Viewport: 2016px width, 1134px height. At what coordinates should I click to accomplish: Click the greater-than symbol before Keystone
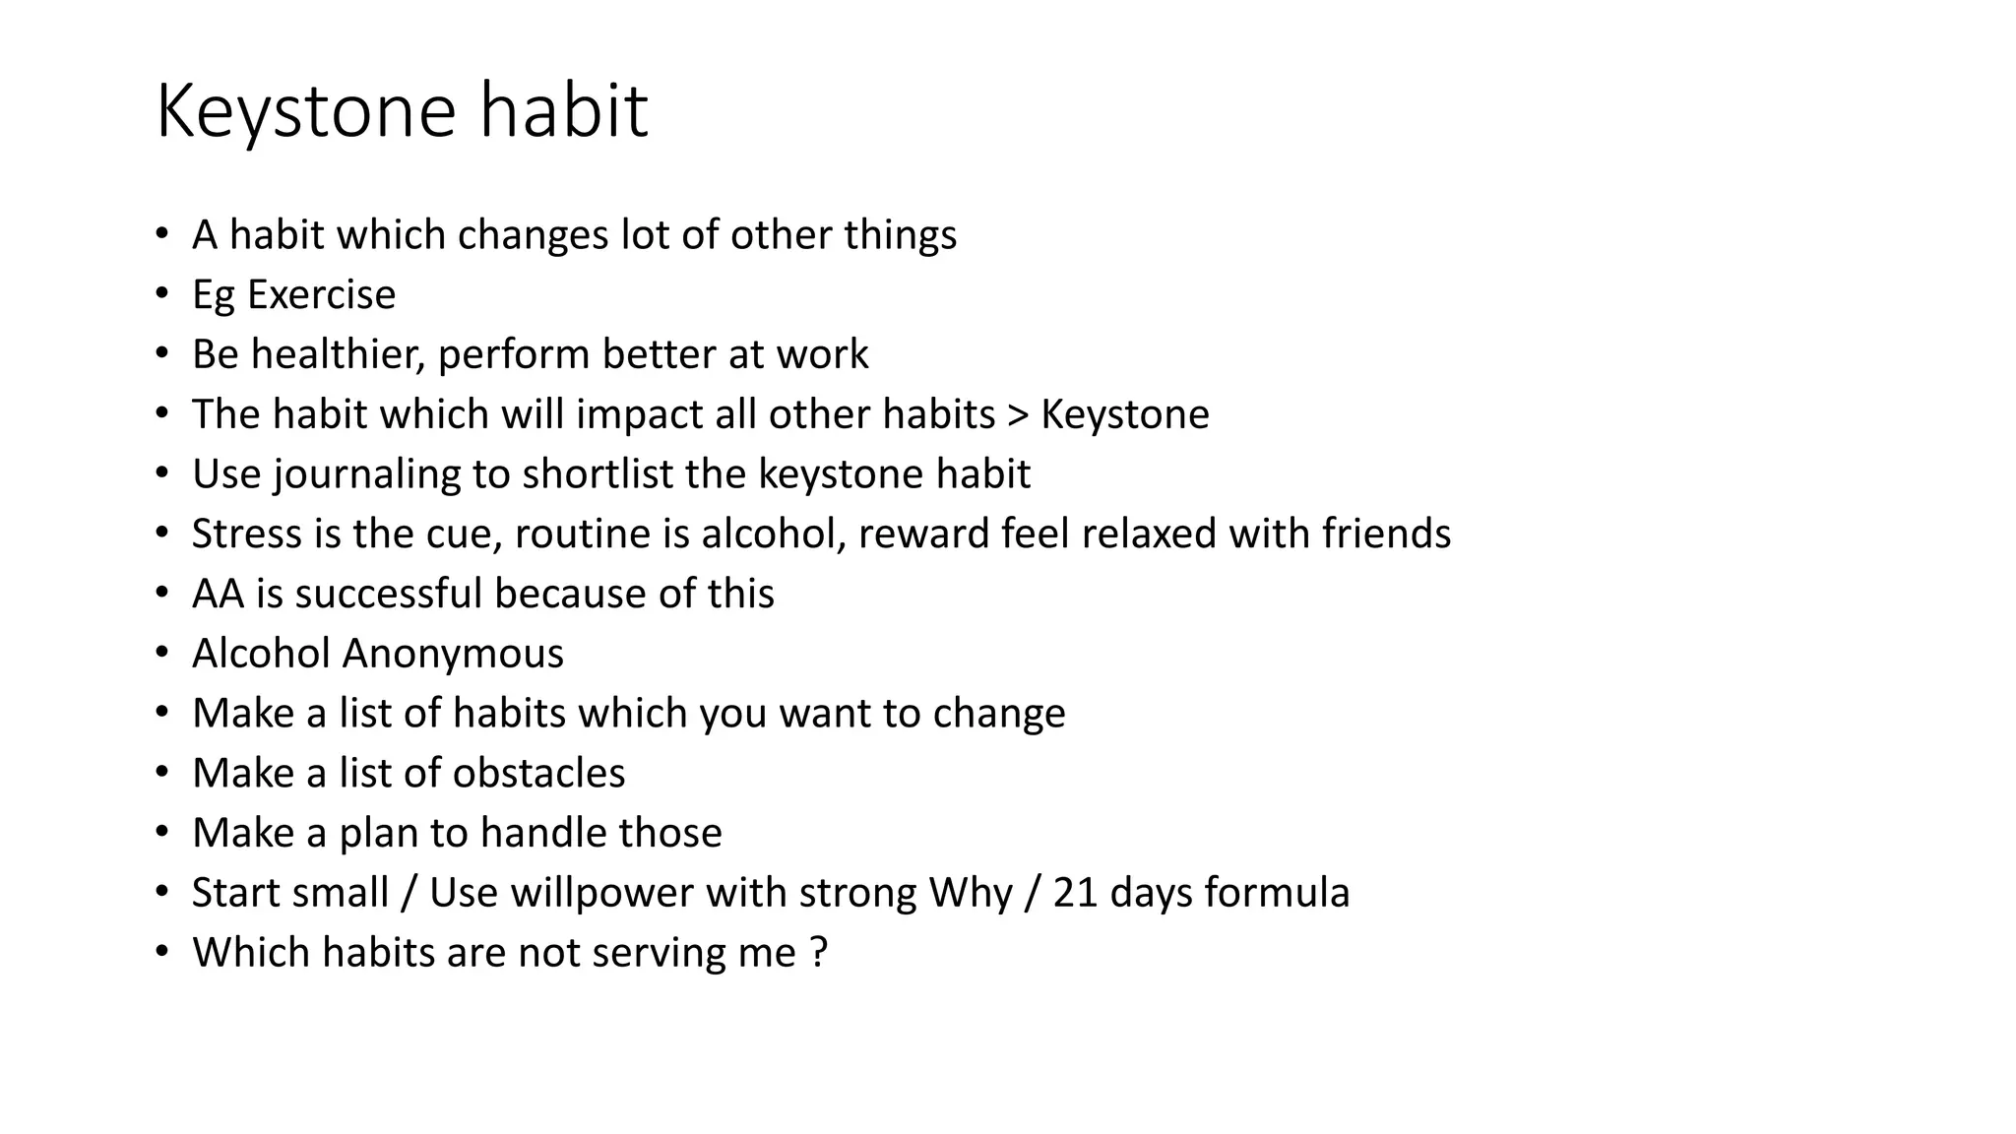[1018, 414]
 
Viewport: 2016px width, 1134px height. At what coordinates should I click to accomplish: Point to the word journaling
[367, 474]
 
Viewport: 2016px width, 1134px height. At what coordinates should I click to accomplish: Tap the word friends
[1386, 534]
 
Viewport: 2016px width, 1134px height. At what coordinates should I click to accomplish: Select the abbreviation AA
[217, 594]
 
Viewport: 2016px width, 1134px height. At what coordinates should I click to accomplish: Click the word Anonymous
[453, 654]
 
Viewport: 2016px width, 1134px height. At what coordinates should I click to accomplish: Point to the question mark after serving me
[819, 953]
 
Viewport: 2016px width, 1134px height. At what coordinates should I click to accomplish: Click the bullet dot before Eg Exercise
[162, 294]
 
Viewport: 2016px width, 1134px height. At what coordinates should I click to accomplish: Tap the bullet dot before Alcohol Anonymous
[162, 654]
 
